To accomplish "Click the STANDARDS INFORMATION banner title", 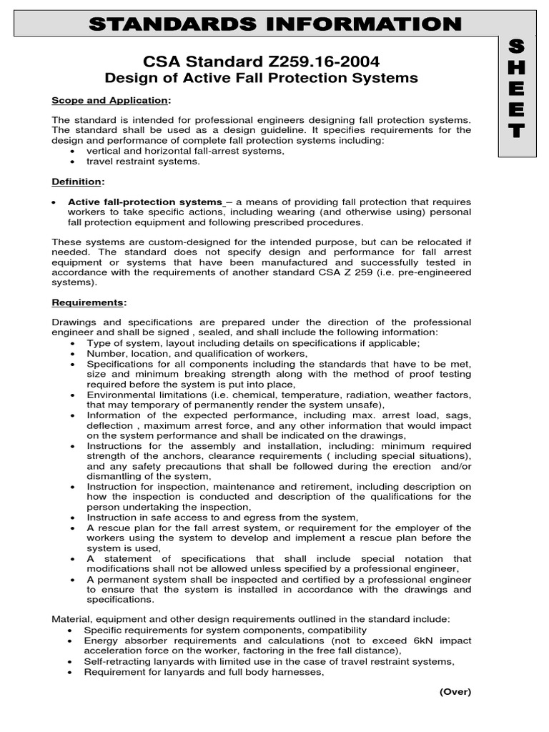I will [274, 24].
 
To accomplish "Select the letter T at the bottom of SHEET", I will [517, 132].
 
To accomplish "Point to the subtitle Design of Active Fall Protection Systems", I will [262, 78].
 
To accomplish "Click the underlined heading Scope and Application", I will [110, 100].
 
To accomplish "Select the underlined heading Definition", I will [77, 182].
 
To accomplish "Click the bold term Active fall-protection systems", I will [145, 202].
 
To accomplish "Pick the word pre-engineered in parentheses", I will [436, 272].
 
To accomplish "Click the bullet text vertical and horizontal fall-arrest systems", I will [185, 151].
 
